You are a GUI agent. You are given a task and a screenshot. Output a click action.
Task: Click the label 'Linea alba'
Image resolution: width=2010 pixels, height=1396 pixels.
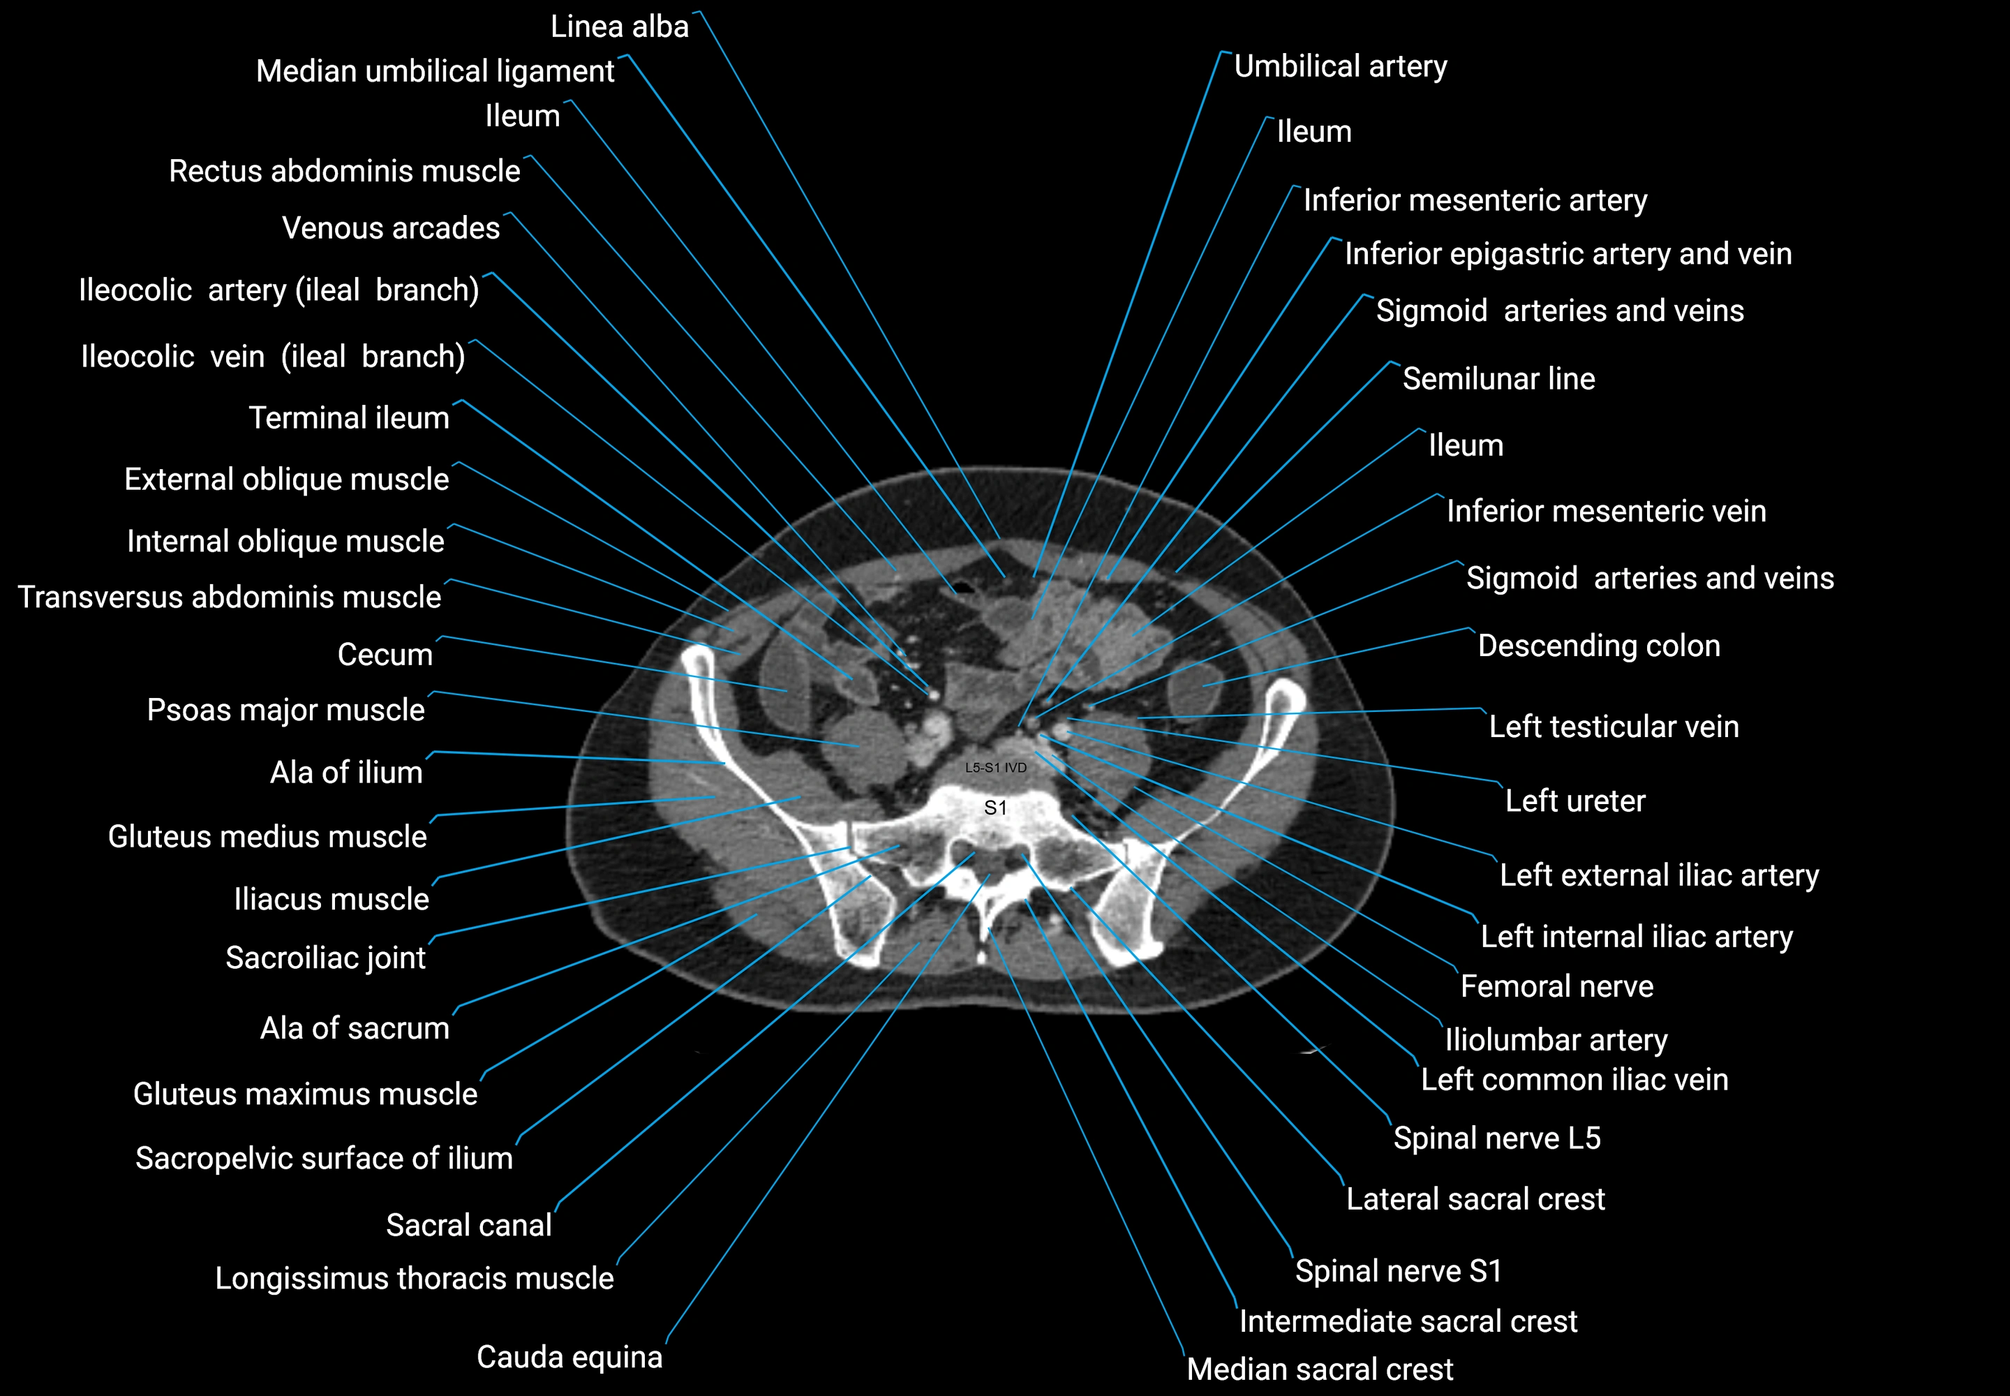(x=619, y=27)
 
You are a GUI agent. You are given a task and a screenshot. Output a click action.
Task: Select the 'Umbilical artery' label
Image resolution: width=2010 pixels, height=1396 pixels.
(x=1340, y=66)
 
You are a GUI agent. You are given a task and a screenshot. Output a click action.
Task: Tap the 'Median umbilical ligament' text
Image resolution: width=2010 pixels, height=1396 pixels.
(x=435, y=72)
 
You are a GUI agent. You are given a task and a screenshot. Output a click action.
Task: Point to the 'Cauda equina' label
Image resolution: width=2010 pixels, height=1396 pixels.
(x=569, y=1357)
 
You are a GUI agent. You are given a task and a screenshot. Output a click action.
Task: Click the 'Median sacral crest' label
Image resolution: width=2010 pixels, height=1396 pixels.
(x=1319, y=1369)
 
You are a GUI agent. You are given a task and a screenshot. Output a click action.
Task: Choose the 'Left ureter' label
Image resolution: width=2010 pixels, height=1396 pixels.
(x=1574, y=801)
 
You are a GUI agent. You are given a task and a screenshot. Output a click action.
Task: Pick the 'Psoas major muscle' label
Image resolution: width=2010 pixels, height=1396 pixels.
(x=285, y=711)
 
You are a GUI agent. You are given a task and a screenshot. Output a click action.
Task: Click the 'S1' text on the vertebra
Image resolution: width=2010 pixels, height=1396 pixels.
(x=995, y=808)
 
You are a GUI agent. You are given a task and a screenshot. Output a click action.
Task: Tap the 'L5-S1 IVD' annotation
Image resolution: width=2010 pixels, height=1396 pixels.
(x=995, y=768)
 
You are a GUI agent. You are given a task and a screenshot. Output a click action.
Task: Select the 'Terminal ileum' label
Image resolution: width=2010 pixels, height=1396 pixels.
(x=348, y=418)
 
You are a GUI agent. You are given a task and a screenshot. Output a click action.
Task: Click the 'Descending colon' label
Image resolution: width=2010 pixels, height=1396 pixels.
(x=1598, y=646)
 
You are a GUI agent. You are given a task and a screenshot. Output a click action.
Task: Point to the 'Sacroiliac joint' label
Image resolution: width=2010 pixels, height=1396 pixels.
(x=325, y=958)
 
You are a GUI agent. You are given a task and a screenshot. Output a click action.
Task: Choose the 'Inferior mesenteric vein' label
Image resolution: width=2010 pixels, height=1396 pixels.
(x=1606, y=511)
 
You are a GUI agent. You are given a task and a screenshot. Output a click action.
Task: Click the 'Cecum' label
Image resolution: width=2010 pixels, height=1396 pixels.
(x=385, y=654)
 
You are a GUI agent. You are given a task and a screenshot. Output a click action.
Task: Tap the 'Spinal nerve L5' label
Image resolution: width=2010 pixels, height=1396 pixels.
(x=1496, y=1138)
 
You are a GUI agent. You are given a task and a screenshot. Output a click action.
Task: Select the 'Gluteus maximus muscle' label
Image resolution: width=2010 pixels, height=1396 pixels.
(x=305, y=1094)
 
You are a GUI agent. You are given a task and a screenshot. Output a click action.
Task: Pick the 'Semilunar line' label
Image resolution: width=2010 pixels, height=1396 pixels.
(x=1498, y=379)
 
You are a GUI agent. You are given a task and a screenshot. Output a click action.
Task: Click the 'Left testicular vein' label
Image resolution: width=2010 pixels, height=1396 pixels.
(x=1614, y=727)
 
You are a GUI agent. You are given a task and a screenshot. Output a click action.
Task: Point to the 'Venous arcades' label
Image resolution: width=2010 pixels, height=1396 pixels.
(x=390, y=228)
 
